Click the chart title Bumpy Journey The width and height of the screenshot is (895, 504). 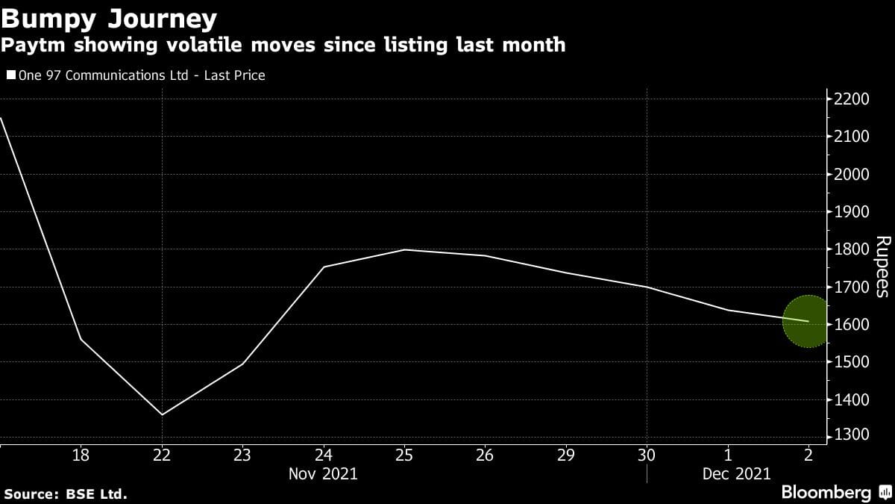pos(110,17)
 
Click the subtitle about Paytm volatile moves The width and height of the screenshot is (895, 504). pos(283,46)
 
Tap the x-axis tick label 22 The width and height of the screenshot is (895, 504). pos(162,455)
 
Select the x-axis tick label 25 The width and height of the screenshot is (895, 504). pos(403,455)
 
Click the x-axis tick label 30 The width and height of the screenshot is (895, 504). pos(647,455)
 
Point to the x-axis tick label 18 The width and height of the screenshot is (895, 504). pos(81,455)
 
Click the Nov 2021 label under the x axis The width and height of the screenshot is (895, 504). pos(323,473)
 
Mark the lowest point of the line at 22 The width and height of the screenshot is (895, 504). pos(162,414)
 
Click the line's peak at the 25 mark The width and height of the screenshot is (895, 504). pos(403,249)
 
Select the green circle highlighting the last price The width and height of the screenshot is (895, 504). pos(806,322)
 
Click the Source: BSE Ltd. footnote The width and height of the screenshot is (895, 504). pos(66,494)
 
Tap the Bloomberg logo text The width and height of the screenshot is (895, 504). pos(826,493)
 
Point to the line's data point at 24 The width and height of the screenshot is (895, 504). pos(323,267)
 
